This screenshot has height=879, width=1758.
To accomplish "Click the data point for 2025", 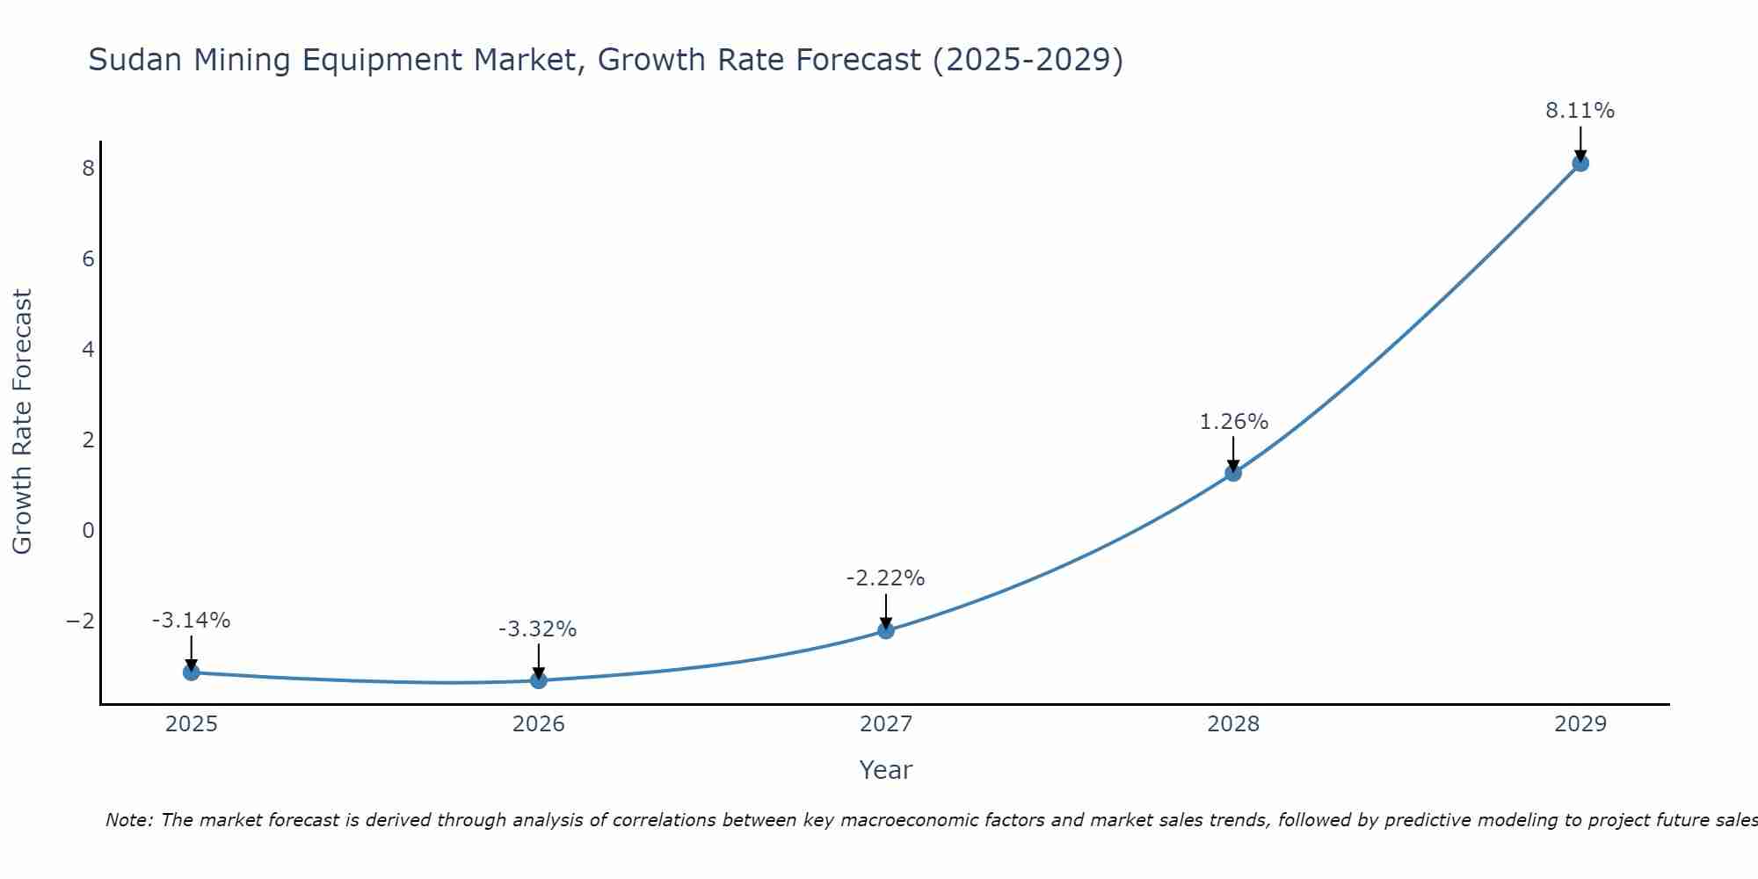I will tap(192, 672).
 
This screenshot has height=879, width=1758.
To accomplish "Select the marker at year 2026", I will tap(539, 680).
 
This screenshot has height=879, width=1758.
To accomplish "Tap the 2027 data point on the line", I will tap(886, 630).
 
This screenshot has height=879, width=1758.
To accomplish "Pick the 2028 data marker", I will tap(1233, 473).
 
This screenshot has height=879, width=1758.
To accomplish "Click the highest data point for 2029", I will tap(1580, 163).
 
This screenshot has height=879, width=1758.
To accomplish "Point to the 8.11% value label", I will tap(1580, 111).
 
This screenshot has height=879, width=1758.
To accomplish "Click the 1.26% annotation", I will tap(1233, 422).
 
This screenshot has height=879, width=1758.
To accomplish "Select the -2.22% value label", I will tap(885, 578).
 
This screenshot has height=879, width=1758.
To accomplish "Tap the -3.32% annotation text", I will tap(537, 629).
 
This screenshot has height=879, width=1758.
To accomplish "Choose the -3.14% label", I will tap(191, 621).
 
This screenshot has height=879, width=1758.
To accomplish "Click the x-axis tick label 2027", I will tap(886, 724).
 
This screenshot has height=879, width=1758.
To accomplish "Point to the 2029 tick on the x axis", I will tap(1580, 724).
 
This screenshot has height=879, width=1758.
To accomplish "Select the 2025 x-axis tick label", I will tap(192, 724).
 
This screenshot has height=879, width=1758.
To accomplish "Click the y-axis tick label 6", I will tap(88, 259).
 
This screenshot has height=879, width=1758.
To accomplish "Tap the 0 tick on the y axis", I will tap(88, 531).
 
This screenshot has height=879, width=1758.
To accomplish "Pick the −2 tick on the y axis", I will tap(81, 621).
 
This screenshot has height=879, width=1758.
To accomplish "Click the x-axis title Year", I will tap(886, 770).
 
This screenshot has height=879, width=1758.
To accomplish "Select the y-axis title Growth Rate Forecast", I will tap(22, 422).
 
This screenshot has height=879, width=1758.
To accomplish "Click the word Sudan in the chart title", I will tap(135, 60).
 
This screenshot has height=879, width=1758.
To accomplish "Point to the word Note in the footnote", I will tap(129, 820).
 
